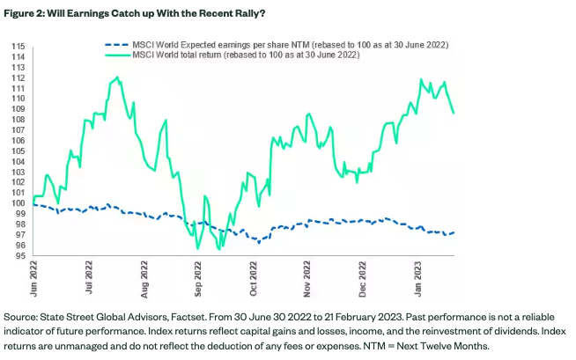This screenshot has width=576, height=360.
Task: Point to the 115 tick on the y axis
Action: click(18, 45)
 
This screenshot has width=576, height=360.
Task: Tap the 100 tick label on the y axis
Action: click(18, 203)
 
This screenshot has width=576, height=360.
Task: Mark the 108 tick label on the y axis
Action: click(18, 119)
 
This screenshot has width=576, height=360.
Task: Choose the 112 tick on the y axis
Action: click(18, 77)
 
